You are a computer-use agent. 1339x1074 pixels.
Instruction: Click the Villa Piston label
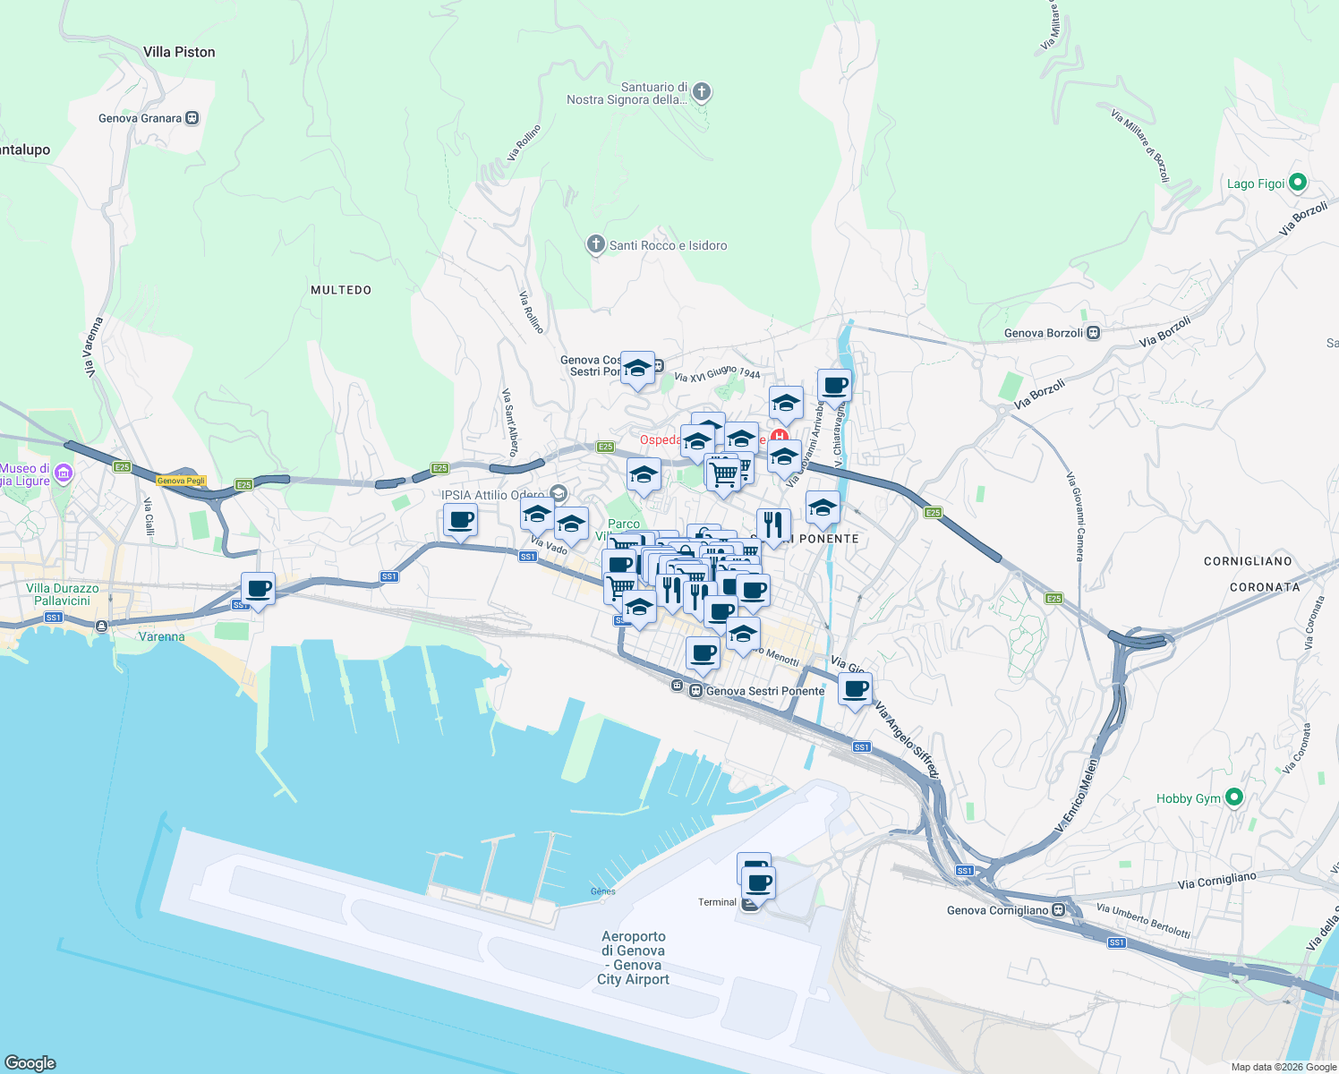(x=179, y=52)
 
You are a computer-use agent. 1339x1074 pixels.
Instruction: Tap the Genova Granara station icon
(x=192, y=118)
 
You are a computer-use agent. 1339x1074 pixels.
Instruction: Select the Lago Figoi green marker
(x=1298, y=183)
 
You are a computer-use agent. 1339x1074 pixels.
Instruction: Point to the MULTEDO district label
(x=340, y=290)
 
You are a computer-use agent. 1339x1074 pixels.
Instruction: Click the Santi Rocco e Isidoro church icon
(x=596, y=244)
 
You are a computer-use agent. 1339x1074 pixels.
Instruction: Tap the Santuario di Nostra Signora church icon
(x=702, y=91)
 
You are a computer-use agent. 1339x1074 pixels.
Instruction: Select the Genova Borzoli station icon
(x=1093, y=333)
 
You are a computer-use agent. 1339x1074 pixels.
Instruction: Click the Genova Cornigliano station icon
(x=1059, y=910)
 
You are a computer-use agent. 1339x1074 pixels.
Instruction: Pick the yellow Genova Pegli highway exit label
(x=182, y=481)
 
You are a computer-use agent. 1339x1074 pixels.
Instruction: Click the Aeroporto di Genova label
(x=634, y=958)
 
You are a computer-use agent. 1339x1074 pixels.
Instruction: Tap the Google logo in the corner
(x=30, y=1062)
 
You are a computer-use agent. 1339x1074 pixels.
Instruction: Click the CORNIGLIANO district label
(x=1248, y=561)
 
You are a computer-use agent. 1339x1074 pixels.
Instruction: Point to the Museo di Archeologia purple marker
(x=64, y=473)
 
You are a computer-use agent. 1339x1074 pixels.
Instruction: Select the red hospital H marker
(x=780, y=438)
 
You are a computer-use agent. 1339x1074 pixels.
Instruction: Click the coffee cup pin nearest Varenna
(x=259, y=590)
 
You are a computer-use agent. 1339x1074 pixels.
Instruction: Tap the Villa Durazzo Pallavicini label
(x=63, y=594)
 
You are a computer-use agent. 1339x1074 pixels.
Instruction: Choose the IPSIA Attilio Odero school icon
(x=559, y=494)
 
